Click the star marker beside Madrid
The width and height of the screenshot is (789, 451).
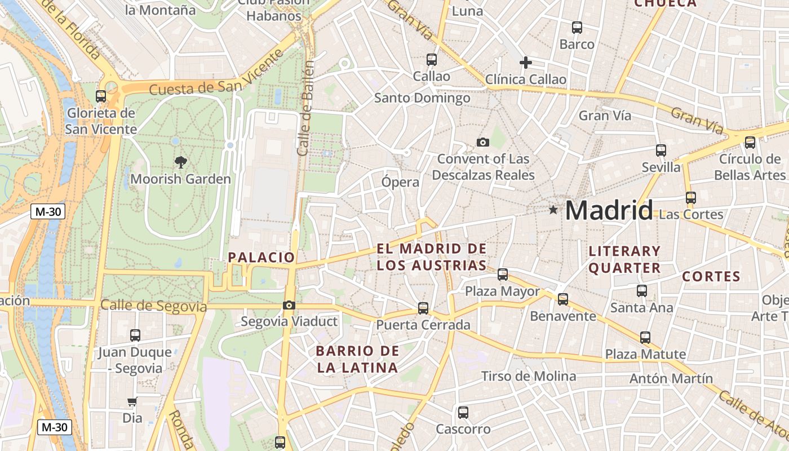(x=553, y=210)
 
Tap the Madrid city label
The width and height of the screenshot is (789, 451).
(x=609, y=210)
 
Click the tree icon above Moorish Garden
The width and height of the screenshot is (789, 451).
(x=180, y=163)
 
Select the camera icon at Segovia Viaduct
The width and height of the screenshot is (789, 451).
(x=289, y=306)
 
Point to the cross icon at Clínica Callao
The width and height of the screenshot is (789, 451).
(x=525, y=63)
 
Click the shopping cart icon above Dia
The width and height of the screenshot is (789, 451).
(x=132, y=402)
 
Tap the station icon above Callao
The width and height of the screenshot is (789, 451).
(x=432, y=59)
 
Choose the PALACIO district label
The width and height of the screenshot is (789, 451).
(x=261, y=258)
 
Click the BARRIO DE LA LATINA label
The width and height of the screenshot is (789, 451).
(x=357, y=360)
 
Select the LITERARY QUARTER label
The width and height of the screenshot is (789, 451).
(x=624, y=259)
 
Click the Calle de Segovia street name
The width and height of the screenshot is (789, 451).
(x=153, y=306)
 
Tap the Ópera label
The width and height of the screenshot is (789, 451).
(x=400, y=182)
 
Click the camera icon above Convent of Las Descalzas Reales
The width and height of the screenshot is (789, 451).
(x=483, y=142)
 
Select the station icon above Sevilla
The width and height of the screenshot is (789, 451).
(x=661, y=151)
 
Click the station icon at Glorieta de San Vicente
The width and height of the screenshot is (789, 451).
(x=101, y=96)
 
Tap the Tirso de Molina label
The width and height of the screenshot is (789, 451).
(x=528, y=376)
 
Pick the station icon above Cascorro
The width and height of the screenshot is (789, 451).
(x=463, y=413)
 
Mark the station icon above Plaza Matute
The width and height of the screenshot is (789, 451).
(x=645, y=338)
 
